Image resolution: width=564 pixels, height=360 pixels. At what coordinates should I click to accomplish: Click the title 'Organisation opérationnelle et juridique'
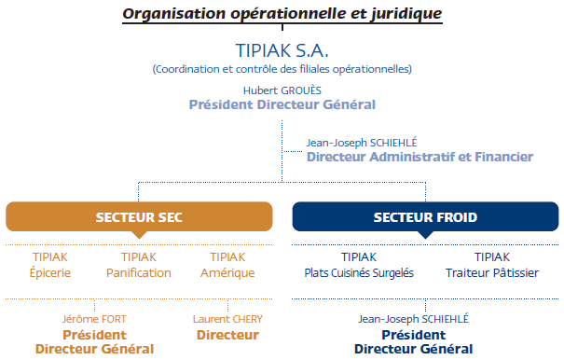pos(282,13)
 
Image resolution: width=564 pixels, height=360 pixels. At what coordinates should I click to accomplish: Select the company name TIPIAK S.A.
pos(282,49)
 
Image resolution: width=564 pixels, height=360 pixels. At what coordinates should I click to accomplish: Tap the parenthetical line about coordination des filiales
pos(282,69)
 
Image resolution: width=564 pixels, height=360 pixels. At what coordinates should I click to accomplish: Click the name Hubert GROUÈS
pos(282,90)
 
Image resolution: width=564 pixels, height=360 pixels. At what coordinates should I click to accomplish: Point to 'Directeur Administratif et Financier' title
pos(420,158)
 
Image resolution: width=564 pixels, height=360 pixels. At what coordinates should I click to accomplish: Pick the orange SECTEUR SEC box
pos(139,217)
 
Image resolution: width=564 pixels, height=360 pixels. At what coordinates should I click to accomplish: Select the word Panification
pos(139,273)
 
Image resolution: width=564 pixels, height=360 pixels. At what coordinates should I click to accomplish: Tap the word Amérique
pos(227,273)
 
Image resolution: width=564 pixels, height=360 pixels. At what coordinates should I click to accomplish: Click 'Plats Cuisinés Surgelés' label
pos(359,273)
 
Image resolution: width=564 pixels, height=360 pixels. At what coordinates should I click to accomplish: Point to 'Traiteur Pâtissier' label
pos(491,273)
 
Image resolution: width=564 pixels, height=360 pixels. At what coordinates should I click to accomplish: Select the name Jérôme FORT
pos(94,319)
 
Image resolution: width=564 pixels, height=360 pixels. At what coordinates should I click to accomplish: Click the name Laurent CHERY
pos(227,319)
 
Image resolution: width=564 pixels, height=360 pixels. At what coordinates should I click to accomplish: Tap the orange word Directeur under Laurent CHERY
pos(227,335)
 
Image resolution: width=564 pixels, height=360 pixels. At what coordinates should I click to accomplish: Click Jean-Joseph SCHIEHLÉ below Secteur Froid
pos(413,319)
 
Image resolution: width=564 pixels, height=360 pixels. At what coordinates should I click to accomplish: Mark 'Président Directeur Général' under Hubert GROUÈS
pos(282,104)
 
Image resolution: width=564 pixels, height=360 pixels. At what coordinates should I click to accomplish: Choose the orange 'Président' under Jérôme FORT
pos(94,335)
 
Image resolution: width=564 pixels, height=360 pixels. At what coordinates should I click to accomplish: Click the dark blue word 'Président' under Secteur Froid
pos(413,335)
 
